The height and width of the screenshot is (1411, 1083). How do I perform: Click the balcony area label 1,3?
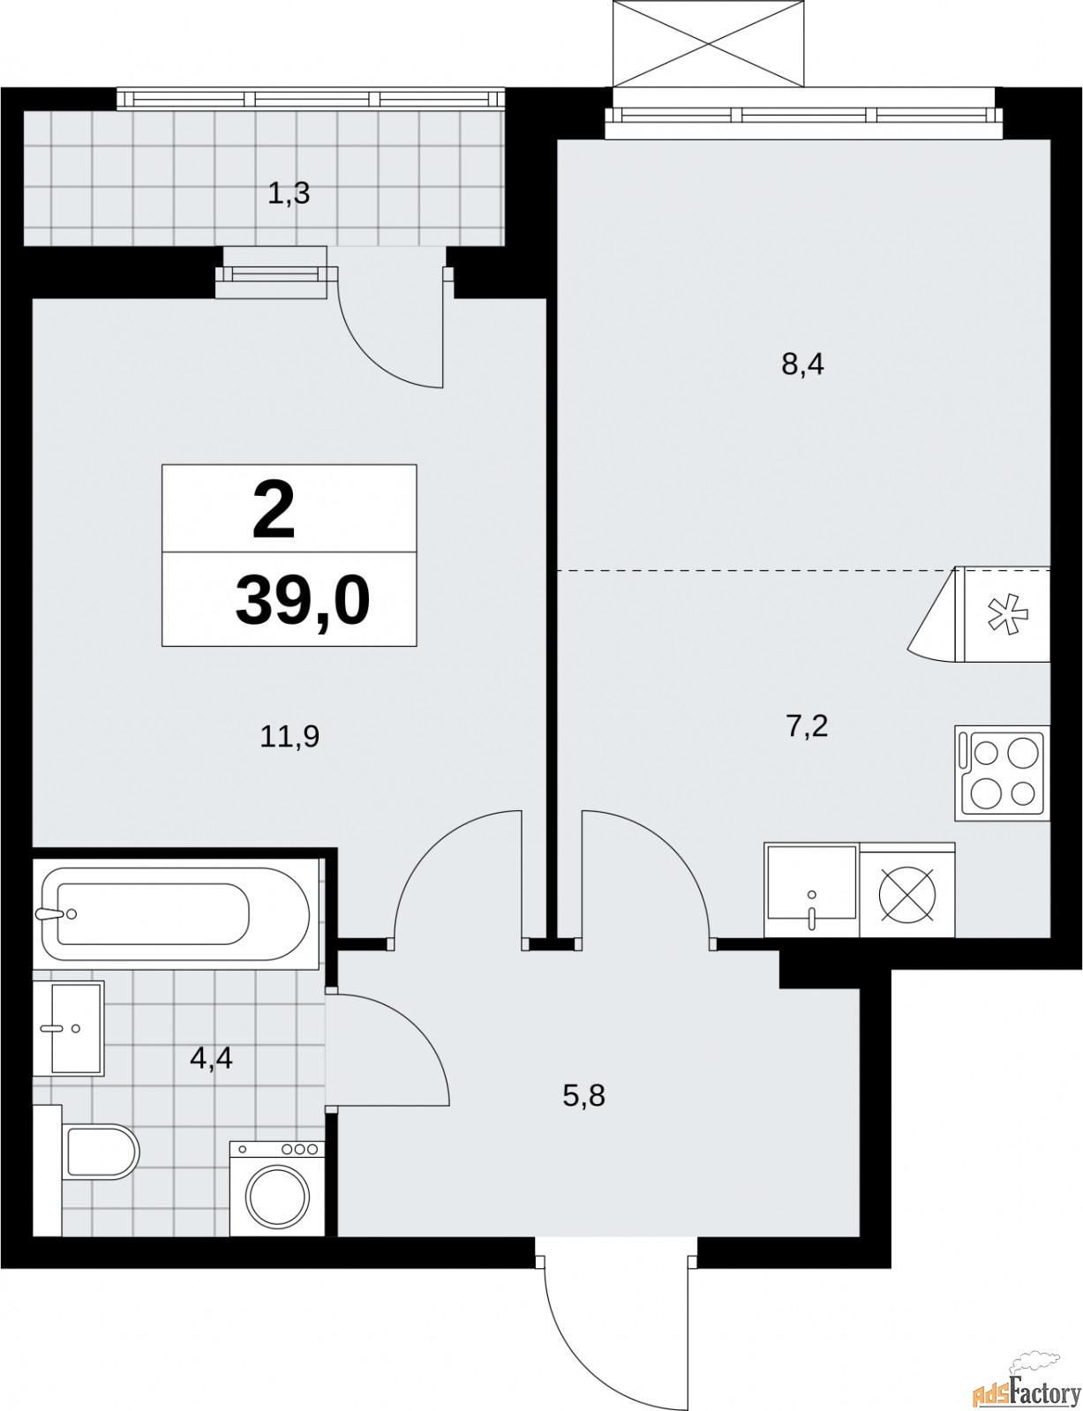pyautogui.click(x=289, y=192)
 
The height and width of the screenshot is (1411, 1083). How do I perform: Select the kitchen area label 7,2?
pyautogui.click(x=806, y=728)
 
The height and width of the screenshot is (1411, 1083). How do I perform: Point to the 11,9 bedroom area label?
pyautogui.click(x=289, y=735)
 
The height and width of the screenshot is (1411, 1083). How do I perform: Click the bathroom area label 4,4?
pyautogui.click(x=211, y=1056)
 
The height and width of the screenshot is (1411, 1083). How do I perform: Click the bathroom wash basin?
pyautogui.click(x=71, y=1027)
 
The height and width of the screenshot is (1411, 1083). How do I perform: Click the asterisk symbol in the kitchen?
pyautogui.click(x=1003, y=615)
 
